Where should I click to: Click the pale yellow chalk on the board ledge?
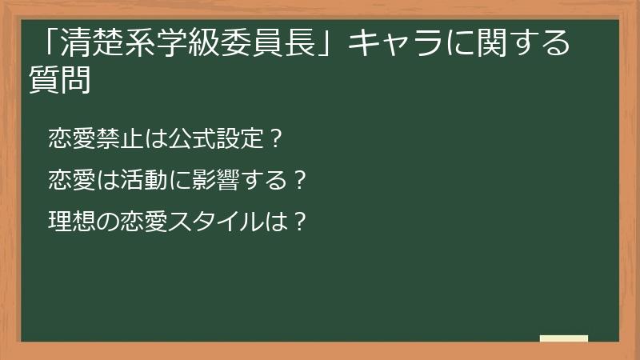pyautogui.click(x=563, y=338)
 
